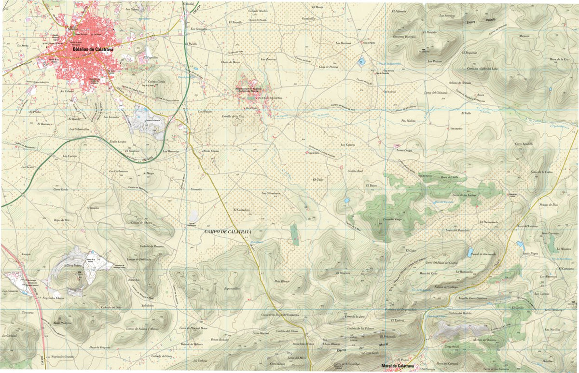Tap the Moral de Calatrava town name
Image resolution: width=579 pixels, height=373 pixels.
(x=397, y=366)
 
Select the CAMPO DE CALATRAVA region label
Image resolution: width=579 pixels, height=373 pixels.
(x=228, y=232)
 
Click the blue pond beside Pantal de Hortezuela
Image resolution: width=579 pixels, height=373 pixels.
(x=469, y=252)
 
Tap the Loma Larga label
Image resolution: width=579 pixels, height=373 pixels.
(x=404, y=150)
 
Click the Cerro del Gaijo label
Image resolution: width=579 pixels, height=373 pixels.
(x=393, y=219)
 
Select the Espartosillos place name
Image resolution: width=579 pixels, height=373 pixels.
(x=232, y=288)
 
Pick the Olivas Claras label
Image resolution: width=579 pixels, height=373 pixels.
(x=210, y=151)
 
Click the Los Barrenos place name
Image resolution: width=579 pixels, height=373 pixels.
(x=343, y=43)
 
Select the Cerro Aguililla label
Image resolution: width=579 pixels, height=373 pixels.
(x=524, y=143)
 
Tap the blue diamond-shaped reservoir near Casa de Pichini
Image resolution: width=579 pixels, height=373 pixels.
(x=361, y=61)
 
